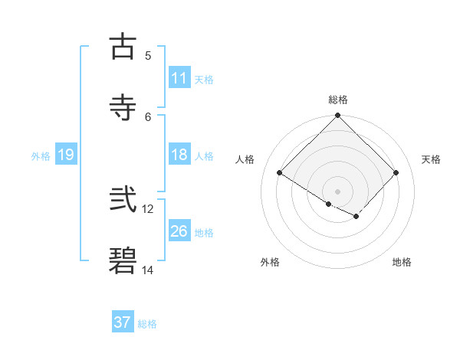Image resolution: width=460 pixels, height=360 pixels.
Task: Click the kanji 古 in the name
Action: (x=123, y=47)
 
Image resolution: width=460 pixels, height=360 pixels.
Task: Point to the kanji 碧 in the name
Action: (x=123, y=261)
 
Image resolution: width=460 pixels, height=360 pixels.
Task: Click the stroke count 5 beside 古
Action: (x=148, y=55)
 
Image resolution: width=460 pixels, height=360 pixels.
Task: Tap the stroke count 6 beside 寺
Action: (x=148, y=116)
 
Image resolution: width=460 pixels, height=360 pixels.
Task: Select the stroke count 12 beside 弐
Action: (x=148, y=208)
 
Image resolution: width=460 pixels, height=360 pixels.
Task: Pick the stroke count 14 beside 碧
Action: (x=148, y=270)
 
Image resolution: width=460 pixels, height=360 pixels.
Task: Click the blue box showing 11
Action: (x=179, y=78)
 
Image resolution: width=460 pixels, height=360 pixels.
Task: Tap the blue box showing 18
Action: (x=179, y=155)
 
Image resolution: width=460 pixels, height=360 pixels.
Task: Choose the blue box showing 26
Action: (x=179, y=231)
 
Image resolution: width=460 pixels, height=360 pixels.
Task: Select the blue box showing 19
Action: (x=65, y=155)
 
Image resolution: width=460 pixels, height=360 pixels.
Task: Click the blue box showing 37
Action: (x=123, y=322)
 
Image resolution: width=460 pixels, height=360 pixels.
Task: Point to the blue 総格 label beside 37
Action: (x=147, y=324)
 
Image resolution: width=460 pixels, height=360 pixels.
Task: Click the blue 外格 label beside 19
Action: (x=41, y=156)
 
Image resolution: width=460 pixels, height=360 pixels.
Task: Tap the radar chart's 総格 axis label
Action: (x=338, y=100)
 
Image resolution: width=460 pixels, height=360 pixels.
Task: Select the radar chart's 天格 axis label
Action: (x=431, y=159)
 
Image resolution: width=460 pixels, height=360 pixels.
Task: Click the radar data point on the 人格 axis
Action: (x=280, y=173)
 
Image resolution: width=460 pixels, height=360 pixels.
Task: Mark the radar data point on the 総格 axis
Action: (x=338, y=116)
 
